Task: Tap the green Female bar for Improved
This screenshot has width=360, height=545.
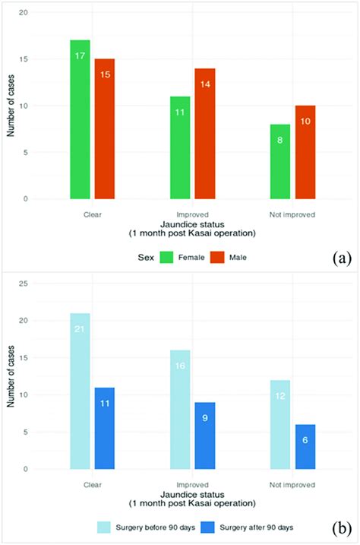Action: [x=180, y=147]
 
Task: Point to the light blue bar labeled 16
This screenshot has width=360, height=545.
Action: [x=180, y=410]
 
